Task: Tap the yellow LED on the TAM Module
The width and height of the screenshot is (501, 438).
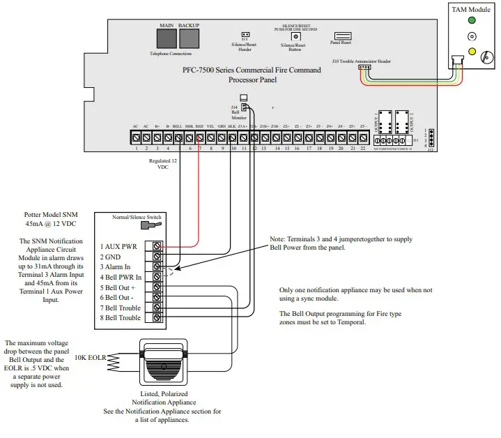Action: [473, 51]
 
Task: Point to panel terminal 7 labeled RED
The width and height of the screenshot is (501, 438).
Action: [200, 137]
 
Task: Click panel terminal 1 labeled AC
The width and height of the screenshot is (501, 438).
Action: [136, 137]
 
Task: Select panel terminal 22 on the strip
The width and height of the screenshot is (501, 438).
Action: [362, 137]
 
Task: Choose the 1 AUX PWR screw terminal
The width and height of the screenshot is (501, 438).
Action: [157, 246]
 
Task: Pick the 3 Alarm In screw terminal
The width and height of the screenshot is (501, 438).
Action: [157, 266]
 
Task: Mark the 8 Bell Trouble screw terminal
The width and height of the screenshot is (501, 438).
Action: [157, 317]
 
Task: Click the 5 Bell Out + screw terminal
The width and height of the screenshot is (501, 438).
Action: [157, 287]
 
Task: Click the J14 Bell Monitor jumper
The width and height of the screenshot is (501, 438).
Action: [244, 107]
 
